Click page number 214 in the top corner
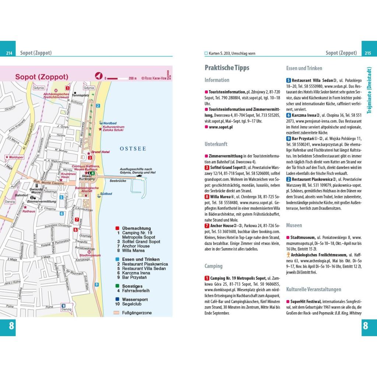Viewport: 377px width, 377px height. click(9, 53)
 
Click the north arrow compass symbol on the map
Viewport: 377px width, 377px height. click(98, 76)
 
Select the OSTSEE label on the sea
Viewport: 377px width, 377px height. click(132, 149)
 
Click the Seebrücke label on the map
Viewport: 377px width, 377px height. click(118, 181)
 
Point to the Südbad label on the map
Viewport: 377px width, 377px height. click(106, 193)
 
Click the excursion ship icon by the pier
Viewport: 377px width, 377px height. click(139, 175)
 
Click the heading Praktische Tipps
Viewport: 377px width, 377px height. click(227, 68)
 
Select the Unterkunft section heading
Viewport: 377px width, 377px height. click(216, 144)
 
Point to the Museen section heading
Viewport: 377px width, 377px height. click(294, 225)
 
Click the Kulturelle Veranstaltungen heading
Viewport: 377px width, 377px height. click(314, 289)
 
